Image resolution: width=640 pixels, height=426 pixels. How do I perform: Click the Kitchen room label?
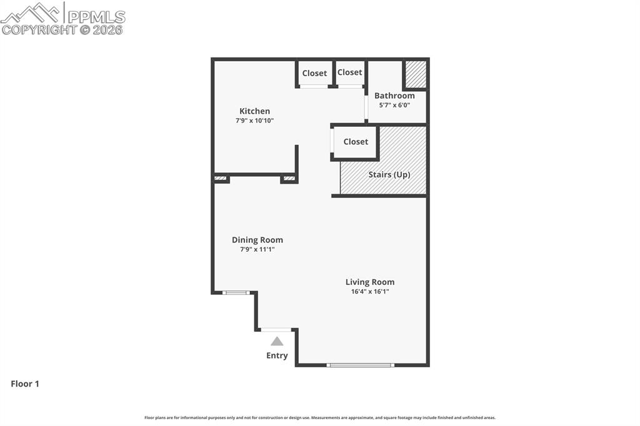click(254, 111)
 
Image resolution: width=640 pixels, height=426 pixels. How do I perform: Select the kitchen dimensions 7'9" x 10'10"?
click(254, 121)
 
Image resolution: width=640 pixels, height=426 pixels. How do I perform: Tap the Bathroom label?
click(394, 96)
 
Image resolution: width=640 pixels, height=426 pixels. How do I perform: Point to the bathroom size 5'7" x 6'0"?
click(394, 105)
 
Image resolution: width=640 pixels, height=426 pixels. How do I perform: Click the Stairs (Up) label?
click(389, 174)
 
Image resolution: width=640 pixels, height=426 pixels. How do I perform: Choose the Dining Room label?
click(257, 240)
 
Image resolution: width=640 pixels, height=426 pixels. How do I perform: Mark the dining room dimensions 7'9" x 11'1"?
click(257, 249)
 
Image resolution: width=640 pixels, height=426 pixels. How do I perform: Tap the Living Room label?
click(370, 282)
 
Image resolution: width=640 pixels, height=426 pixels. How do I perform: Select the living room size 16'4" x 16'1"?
click(370, 291)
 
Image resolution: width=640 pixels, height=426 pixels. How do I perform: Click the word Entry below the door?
click(277, 355)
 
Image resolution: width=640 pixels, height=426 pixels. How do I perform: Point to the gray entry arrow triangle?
click(277, 342)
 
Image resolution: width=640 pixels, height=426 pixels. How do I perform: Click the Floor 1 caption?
click(25, 384)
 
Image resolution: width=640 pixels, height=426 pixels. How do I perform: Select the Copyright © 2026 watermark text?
click(62, 29)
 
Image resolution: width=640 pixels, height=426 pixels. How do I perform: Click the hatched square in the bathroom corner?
click(415, 74)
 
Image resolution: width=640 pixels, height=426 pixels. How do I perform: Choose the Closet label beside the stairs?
click(356, 142)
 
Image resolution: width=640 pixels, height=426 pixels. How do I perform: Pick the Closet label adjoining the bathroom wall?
click(350, 72)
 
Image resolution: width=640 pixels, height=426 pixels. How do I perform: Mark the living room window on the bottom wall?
click(361, 365)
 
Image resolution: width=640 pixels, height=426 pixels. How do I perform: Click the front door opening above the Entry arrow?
click(276, 329)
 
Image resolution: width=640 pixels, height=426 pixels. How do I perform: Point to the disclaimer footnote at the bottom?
click(320, 418)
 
